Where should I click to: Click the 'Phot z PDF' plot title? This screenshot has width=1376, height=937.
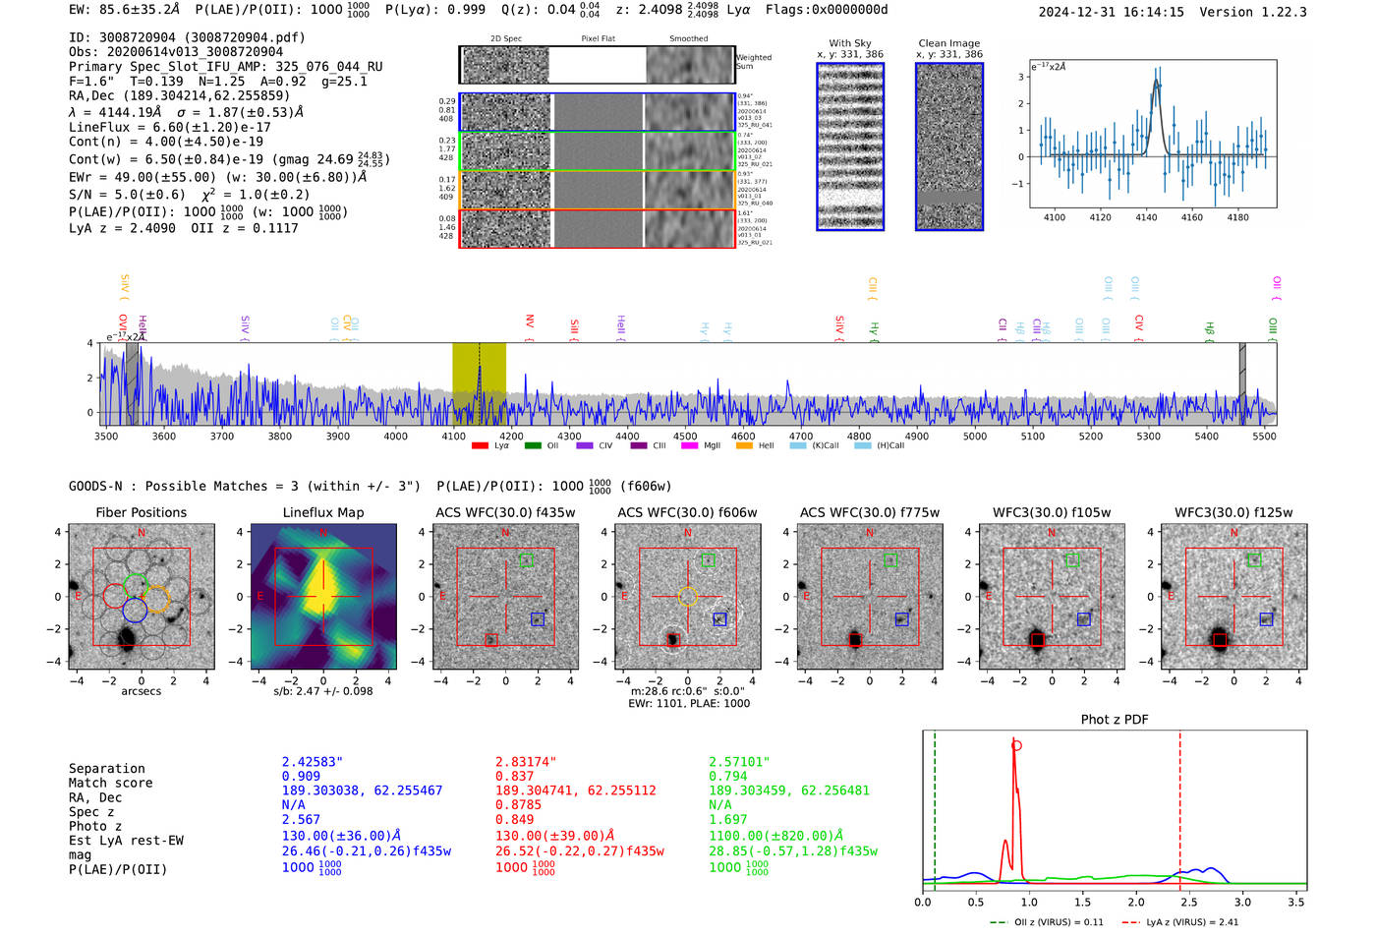click(x=1115, y=720)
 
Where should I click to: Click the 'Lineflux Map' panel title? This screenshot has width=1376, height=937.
click(x=323, y=512)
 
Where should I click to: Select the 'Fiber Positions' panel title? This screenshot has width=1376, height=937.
click(x=142, y=512)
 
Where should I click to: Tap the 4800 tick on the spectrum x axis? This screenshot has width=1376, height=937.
click(x=859, y=437)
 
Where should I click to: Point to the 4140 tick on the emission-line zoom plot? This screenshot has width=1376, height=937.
click(x=1146, y=217)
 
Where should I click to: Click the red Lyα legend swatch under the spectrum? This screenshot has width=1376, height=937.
click(x=480, y=445)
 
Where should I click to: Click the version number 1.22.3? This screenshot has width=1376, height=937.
click(x=1281, y=12)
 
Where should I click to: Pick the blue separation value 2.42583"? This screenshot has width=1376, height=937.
click(x=313, y=762)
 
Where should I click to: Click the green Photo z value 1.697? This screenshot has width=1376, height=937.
click(x=728, y=819)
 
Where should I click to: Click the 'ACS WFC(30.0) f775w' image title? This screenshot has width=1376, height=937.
click(x=869, y=512)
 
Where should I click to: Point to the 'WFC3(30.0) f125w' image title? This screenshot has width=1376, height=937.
click(x=1233, y=512)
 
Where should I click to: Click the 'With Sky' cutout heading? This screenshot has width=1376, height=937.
click(x=850, y=43)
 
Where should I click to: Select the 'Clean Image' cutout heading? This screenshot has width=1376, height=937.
click(x=948, y=43)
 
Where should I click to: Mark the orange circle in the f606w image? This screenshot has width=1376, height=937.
click(x=687, y=596)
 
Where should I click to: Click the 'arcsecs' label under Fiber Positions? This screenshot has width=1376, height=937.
click(x=142, y=691)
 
